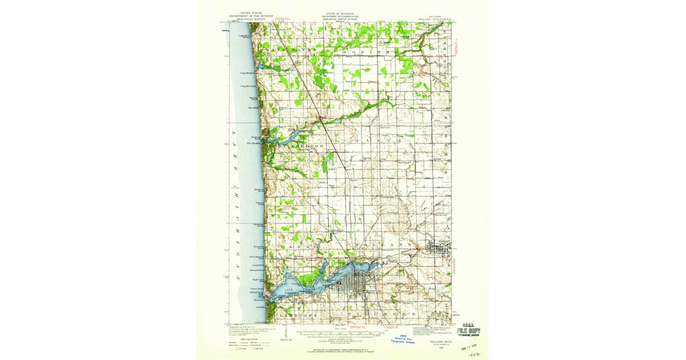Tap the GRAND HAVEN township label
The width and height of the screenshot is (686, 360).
click(286, 50)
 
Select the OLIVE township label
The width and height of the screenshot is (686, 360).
click(378, 140)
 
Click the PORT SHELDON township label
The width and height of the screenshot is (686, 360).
click(300, 146)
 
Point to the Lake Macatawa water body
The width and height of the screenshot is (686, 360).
click(309, 287)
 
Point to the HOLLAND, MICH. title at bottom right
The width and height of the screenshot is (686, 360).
click(437, 338)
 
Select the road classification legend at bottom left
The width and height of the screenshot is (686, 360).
click(244, 342)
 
